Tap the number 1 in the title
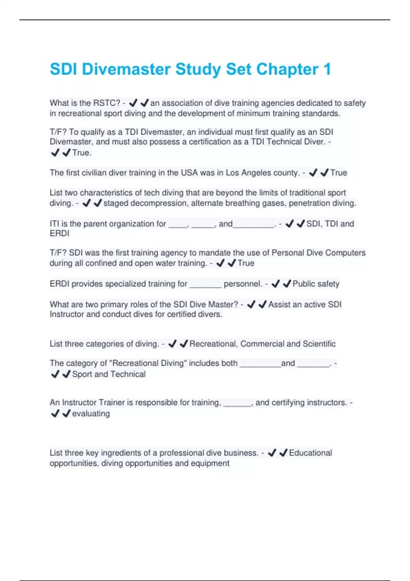point(327,69)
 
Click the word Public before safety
point(304,284)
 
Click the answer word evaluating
point(91,414)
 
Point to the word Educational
point(310,453)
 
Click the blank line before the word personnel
point(205,286)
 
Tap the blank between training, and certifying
point(237,405)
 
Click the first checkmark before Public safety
point(275,284)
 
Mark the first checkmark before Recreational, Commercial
point(173,344)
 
